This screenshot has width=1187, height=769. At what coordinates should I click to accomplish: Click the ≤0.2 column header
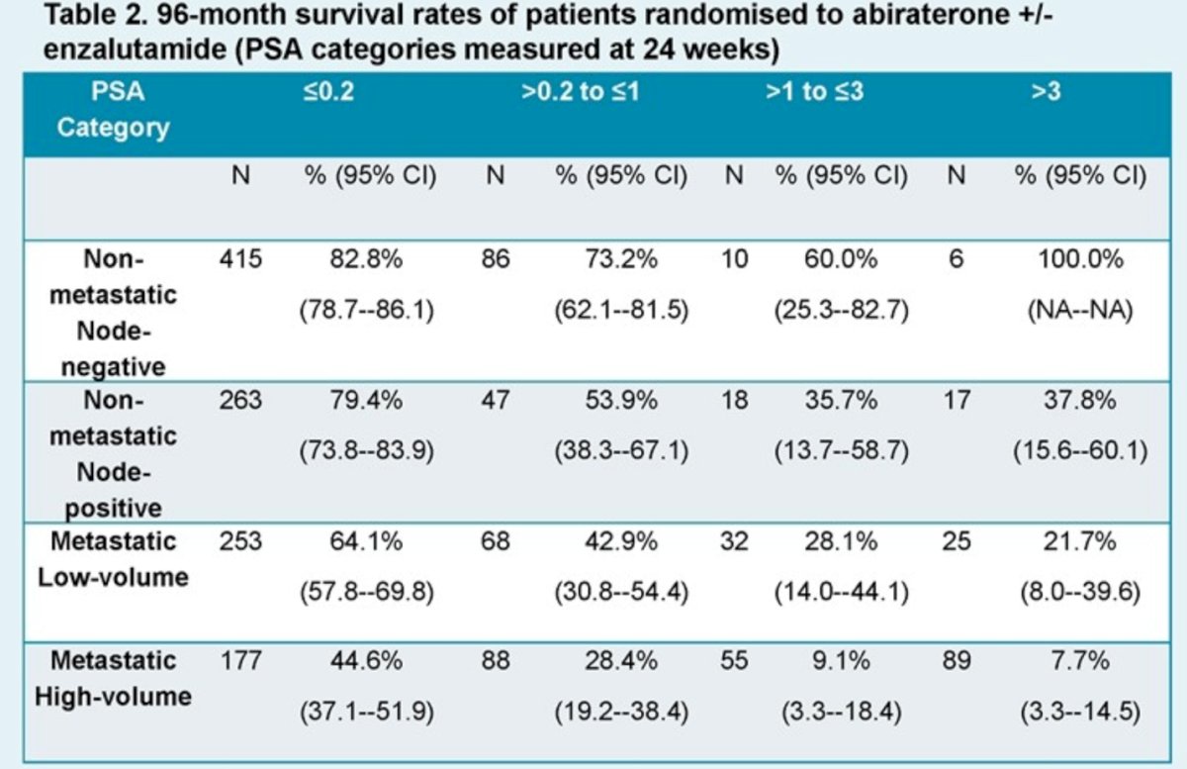328,92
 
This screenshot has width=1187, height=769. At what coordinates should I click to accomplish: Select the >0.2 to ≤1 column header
581,92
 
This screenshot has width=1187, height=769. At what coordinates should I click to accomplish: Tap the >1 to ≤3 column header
814,92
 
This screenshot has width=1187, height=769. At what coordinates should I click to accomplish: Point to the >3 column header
1047,92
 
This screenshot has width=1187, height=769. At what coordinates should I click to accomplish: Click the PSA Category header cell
114,110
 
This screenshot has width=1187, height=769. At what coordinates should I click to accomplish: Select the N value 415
240,259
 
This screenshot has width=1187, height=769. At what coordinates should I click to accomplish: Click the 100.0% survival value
1080,259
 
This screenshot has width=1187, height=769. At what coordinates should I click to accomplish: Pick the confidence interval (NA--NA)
1080,310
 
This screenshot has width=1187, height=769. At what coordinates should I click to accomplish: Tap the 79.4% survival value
366,400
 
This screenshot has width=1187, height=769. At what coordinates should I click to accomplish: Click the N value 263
240,400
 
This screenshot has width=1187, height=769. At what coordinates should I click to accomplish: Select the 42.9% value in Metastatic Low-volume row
621,541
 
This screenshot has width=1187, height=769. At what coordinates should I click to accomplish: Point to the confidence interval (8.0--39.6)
1080,592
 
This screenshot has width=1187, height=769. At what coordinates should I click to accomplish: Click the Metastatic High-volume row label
114,679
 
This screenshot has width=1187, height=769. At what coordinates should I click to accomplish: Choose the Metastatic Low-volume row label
114,559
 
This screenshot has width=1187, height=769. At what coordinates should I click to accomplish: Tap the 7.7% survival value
1080,661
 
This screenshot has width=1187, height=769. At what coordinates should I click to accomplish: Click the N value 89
957,661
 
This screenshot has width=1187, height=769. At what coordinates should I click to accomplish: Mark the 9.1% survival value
841,661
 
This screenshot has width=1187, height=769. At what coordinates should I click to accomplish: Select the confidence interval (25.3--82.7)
842,310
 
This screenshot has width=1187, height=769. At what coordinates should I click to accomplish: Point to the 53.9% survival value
621,400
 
